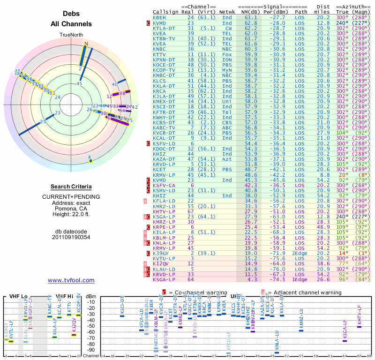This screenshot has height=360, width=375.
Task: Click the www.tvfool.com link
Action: tap(71, 280)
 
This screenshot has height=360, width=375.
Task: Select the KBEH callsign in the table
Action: tap(159, 17)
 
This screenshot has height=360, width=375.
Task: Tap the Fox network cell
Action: tap(227, 55)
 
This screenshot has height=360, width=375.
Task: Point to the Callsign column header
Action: tap(165, 11)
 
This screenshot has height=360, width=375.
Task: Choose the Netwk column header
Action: tap(227, 11)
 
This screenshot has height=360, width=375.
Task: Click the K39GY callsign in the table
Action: tap(160, 254)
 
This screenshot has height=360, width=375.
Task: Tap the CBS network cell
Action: tap(227, 122)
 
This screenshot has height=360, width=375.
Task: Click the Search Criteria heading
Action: tap(71, 187)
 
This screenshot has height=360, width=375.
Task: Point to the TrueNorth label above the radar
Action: tap(71, 35)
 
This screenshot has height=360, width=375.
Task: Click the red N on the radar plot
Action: tap(86, 44)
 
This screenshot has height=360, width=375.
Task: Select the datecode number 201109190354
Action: tap(71, 237)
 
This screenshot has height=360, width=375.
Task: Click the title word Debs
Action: tap(71, 14)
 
